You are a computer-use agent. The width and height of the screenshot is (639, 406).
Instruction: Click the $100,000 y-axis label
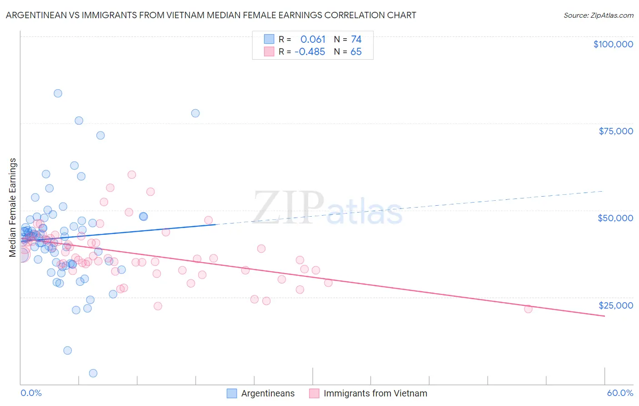point(613,44)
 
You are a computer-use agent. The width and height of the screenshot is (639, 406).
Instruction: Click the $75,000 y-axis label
point(615,131)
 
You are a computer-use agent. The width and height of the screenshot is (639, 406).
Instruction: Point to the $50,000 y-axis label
point(615,218)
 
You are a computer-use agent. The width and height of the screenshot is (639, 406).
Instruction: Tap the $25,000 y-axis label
point(615,305)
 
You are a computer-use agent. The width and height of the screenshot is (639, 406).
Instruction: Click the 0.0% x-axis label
point(31,393)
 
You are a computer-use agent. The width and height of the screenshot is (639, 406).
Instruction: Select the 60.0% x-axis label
point(619,393)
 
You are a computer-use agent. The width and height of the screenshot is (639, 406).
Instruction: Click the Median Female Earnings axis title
point(13,208)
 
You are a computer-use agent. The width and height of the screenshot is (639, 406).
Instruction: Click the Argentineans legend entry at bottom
point(267,393)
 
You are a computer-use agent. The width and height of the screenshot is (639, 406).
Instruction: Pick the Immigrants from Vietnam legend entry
point(375,393)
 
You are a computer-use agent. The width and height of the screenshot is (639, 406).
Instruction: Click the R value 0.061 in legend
point(313,40)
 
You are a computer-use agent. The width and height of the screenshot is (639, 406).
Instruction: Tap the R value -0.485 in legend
point(310,52)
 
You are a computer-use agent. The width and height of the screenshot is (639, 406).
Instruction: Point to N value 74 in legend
point(356,40)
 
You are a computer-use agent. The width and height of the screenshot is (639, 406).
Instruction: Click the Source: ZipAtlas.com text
point(598,15)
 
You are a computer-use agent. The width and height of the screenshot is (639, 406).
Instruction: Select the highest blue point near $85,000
point(58,93)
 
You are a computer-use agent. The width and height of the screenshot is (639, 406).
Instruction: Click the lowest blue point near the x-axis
point(93,373)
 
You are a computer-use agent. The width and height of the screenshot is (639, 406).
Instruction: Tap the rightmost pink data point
point(528,309)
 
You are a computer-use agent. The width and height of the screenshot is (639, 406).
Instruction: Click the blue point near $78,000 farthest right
point(195,113)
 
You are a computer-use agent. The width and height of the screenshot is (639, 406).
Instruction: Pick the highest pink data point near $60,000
point(132,175)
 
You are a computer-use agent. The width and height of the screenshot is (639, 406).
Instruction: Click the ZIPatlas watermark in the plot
point(327,208)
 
